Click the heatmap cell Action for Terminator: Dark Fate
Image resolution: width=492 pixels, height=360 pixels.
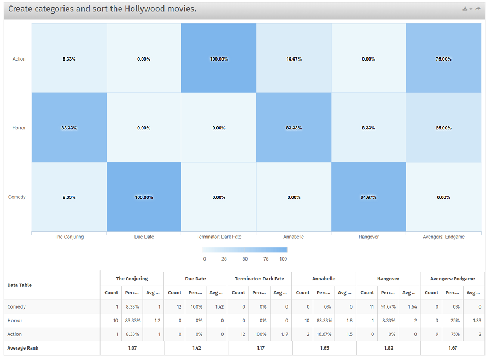coord(219,58)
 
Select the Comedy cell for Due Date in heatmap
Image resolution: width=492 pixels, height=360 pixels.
coord(144,197)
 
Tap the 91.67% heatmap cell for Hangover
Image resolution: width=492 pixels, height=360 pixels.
coord(368,197)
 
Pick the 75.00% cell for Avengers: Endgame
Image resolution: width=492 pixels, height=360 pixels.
coord(443,58)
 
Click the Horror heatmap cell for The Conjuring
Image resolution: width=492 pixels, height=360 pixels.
coord(69,128)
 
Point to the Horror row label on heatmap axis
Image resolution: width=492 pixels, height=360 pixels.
coord(19,128)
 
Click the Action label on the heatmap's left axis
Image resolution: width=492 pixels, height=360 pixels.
coord(19,59)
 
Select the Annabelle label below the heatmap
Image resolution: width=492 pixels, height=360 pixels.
coord(294,237)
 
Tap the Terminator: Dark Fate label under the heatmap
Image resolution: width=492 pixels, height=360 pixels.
coord(219,237)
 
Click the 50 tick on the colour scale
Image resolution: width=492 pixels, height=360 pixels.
coord(245,259)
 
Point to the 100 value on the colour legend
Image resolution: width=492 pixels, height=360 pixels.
coord(283,259)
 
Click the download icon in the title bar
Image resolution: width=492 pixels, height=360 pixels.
coord(466,9)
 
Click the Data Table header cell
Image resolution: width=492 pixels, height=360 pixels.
coord(19,285)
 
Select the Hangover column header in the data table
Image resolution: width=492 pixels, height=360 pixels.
coord(388,279)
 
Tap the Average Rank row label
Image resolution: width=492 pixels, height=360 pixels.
coord(23,348)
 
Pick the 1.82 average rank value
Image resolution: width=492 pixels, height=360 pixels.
coord(388,348)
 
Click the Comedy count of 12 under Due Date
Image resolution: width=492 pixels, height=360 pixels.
coord(175,307)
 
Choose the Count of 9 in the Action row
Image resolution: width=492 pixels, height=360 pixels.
coord(432,334)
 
